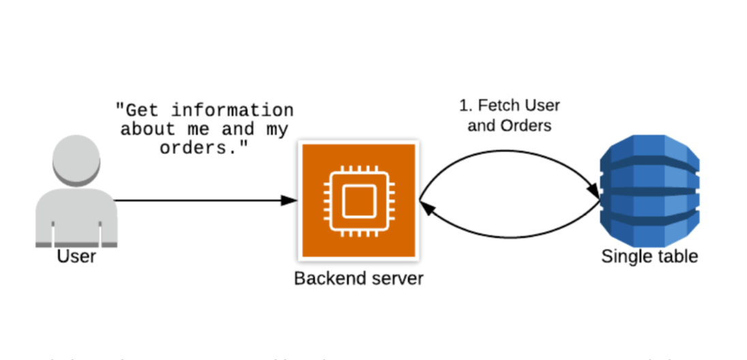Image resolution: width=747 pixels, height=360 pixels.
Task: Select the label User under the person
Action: (76, 256)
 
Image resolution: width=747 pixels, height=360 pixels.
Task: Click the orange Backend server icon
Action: (357, 200)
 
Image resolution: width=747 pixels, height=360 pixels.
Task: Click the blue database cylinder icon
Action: (649, 190)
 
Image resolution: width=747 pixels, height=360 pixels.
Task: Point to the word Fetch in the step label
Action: (497, 106)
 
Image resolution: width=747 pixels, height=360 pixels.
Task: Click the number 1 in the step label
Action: (463, 106)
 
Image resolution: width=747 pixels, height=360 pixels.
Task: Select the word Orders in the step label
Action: (526, 125)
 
